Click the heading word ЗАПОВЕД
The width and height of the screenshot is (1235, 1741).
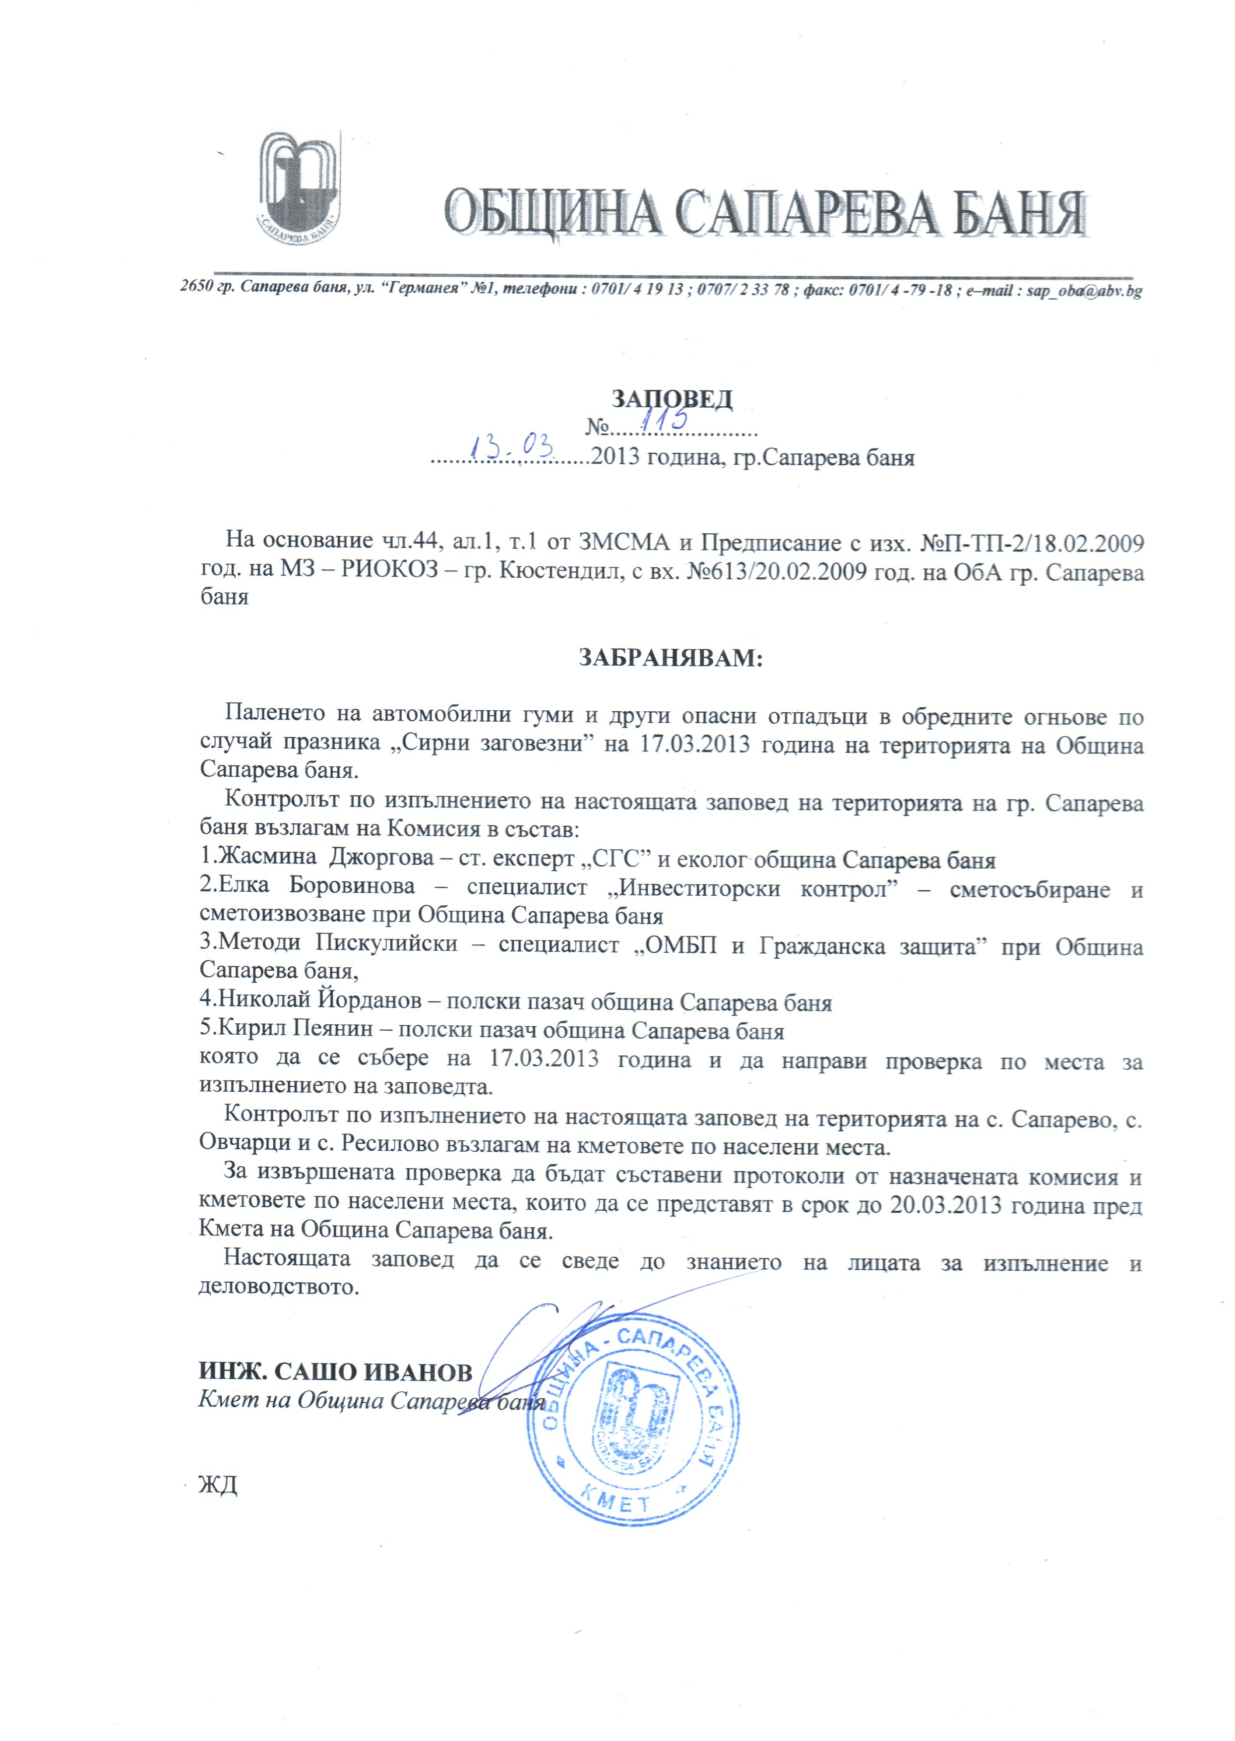(x=672, y=399)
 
